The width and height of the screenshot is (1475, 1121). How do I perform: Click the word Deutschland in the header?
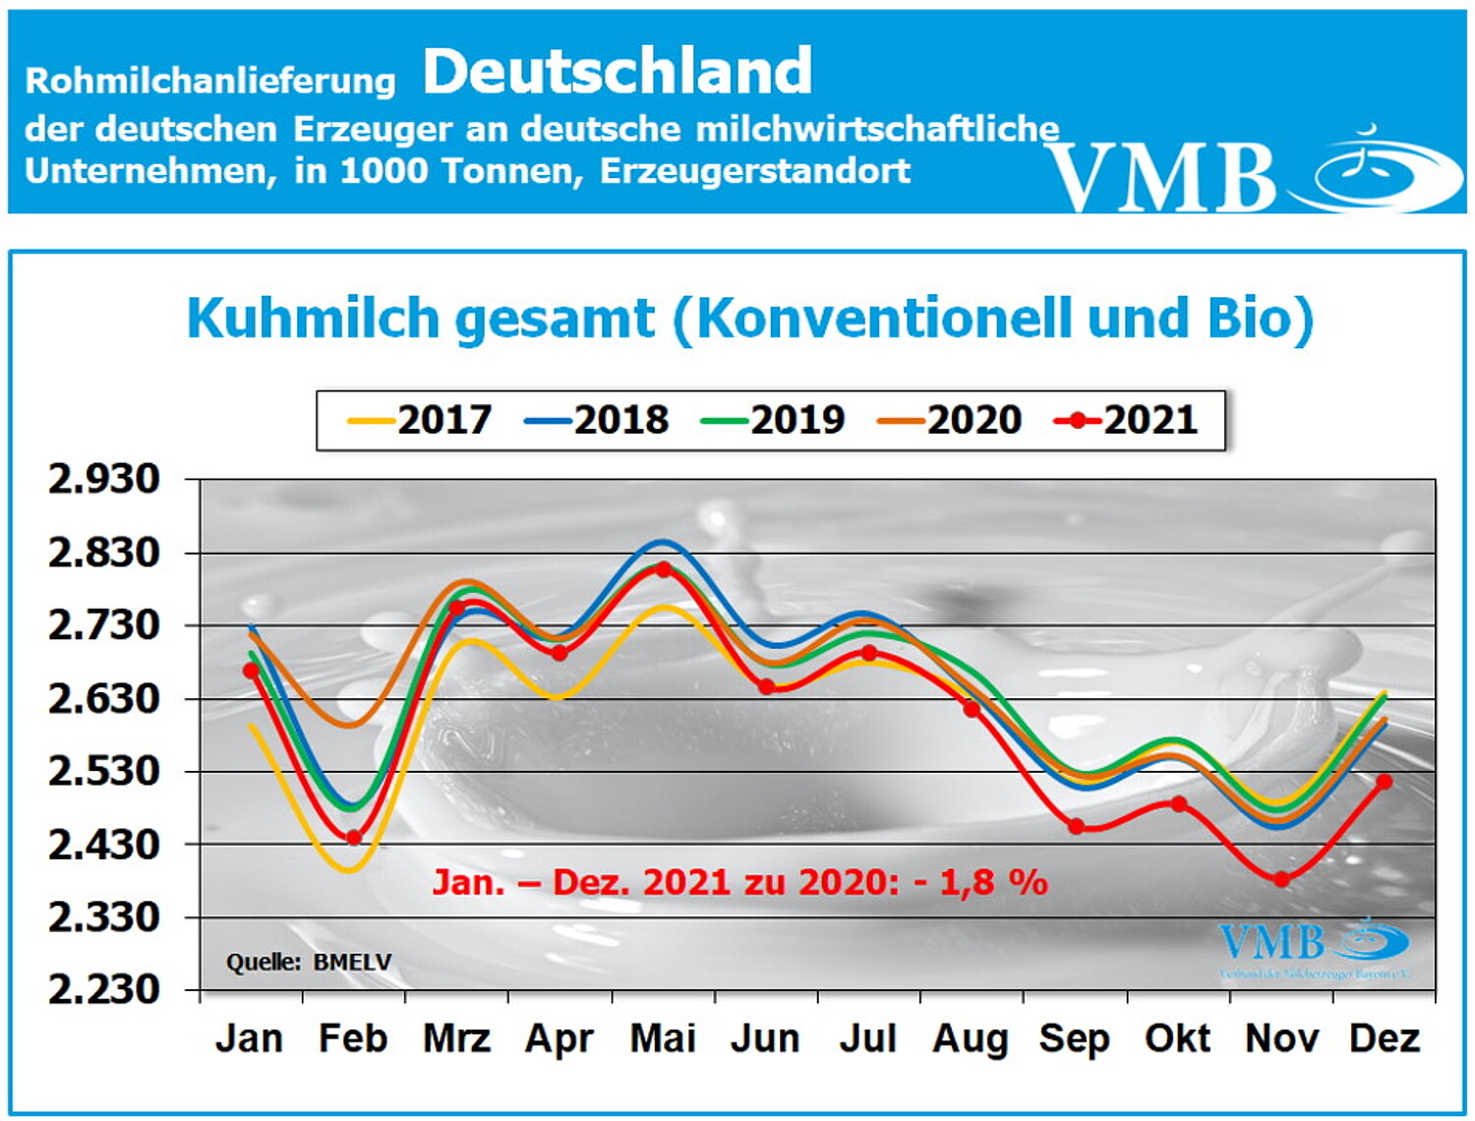[x=618, y=72]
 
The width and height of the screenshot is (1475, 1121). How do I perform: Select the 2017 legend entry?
[x=421, y=420]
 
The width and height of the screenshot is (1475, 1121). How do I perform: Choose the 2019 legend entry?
[x=774, y=420]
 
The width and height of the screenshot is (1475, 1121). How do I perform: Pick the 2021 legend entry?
[x=1127, y=420]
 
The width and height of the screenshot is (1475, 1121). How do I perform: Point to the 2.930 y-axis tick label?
[x=104, y=480]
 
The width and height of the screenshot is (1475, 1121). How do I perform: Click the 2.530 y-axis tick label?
[x=104, y=771]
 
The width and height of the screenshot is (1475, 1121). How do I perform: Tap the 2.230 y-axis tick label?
[x=104, y=989]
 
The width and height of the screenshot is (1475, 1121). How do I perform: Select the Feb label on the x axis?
[x=352, y=1038]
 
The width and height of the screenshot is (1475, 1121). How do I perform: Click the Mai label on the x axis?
[x=663, y=1038]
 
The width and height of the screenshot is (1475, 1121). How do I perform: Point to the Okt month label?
[x=1177, y=1038]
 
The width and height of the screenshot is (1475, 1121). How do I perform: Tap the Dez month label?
[x=1385, y=1038]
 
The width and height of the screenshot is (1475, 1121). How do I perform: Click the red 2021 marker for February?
[x=354, y=838]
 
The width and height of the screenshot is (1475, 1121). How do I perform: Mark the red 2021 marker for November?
[x=1281, y=879]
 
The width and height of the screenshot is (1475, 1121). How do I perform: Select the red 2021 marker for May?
[x=663, y=569]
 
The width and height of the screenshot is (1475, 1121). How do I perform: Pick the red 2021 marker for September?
[x=1076, y=826]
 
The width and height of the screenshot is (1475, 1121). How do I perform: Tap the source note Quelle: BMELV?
[x=309, y=962]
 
